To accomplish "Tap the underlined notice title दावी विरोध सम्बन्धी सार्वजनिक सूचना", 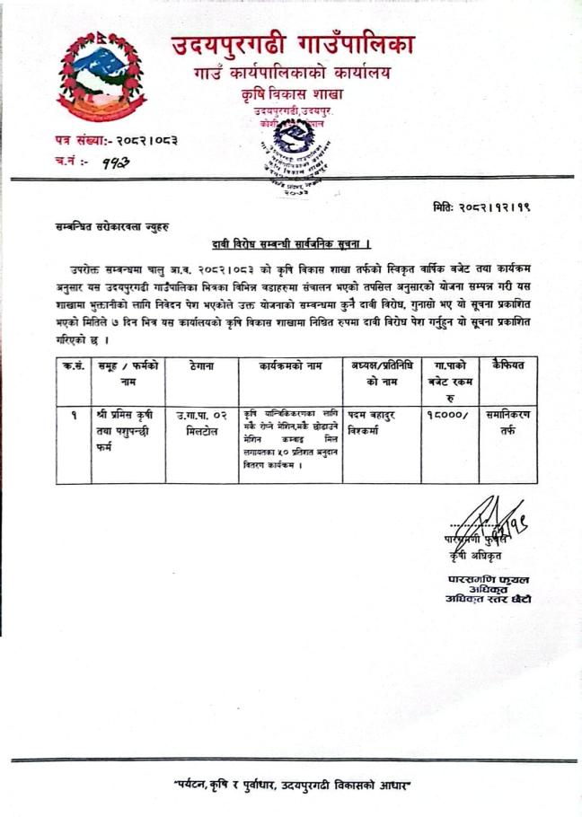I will point(292,244).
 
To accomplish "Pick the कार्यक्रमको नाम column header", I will point(289,365).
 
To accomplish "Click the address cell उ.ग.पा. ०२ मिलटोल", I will point(208,422).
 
